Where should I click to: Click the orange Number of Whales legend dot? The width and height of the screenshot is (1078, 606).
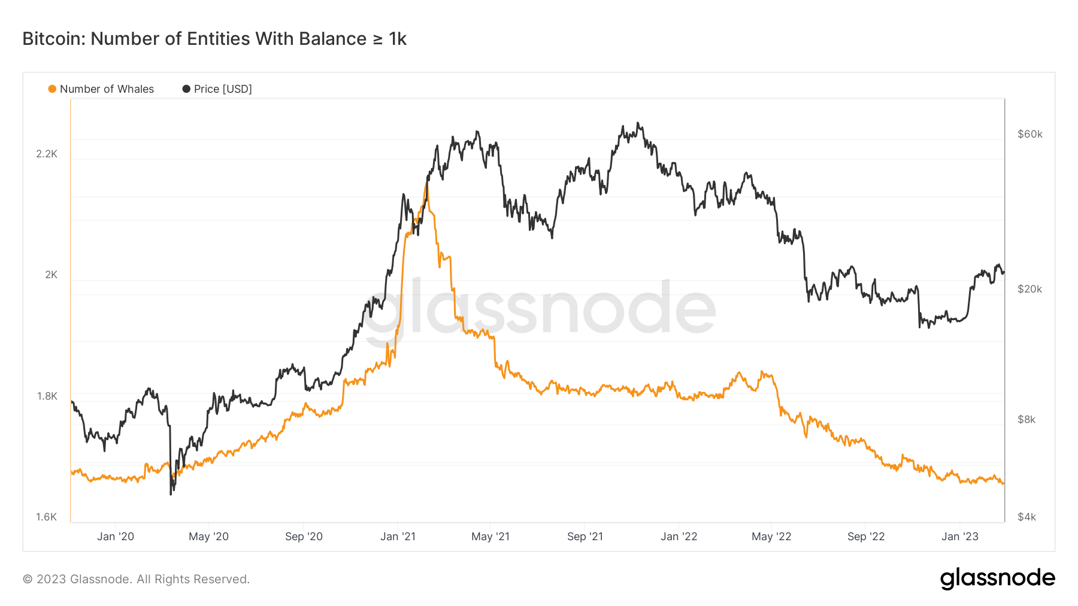click(x=52, y=89)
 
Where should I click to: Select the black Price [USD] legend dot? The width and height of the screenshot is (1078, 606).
click(x=186, y=89)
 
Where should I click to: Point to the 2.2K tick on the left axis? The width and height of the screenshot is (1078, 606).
click(x=47, y=154)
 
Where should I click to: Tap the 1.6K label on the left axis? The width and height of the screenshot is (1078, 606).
click(x=47, y=517)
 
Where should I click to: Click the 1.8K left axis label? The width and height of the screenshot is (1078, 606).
click(x=47, y=396)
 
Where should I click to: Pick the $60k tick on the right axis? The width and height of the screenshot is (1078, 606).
click(x=1029, y=134)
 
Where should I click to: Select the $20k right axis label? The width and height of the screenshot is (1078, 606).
click(x=1029, y=289)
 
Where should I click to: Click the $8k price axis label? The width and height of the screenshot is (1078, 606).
click(x=1026, y=419)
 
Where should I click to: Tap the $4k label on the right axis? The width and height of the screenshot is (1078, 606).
click(x=1026, y=517)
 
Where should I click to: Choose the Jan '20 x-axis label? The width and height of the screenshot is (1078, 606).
click(x=116, y=537)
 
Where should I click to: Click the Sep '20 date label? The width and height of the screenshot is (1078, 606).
click(x=304, y=537)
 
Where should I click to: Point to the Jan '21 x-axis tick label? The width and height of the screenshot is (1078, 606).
click(x=398, y=537)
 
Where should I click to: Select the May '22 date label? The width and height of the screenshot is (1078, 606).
click(x=771, y=537)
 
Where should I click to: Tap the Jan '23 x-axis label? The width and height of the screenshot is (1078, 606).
click(x=959, y=537)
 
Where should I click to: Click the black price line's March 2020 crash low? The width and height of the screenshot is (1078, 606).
click(x=171, y=494)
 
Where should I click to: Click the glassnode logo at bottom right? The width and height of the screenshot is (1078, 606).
click(x=997, y=578)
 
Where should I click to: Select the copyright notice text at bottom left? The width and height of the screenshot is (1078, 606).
click(x=136, y=579)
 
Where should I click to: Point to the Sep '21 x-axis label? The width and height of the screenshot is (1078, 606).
click(x=585, y=537)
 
